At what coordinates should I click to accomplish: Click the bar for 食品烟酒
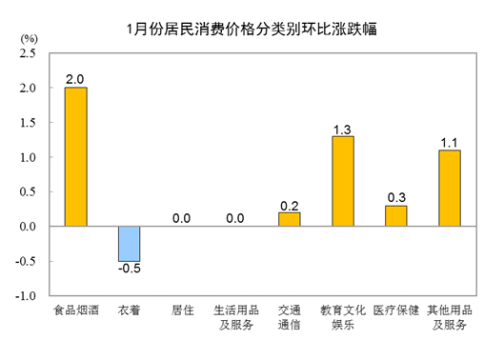coord(75,157)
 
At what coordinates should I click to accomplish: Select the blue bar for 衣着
coord(129,244)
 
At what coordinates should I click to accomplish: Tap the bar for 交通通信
coord(289,219)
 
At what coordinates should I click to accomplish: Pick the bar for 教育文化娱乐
coord(342,181)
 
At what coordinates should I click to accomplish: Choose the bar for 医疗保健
coord(395,216)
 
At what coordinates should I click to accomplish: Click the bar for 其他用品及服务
coord(449,188)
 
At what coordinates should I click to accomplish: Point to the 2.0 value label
coord(75,78)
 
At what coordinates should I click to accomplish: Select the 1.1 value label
coord(449,141)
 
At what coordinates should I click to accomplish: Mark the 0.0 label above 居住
coord(182,218)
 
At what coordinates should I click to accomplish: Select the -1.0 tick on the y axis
coord(24,296)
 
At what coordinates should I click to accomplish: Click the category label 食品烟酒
coord(75,310)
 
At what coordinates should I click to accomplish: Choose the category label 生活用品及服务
coord(235,317)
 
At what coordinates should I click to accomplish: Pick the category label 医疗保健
coord(395,310)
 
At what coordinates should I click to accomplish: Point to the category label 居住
coord(182,310)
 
